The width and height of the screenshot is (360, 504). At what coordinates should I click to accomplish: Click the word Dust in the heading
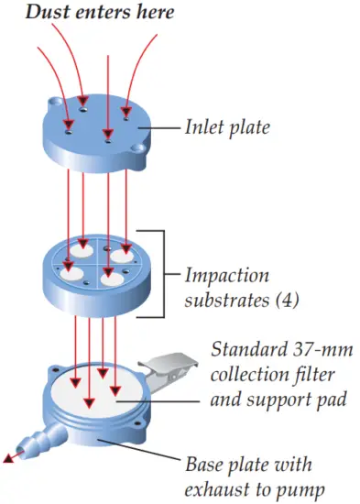(46, 14)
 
